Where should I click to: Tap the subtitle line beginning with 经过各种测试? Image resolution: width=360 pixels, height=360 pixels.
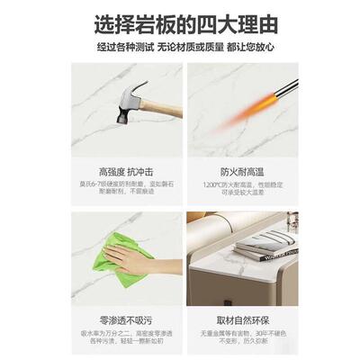pos(180,46)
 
